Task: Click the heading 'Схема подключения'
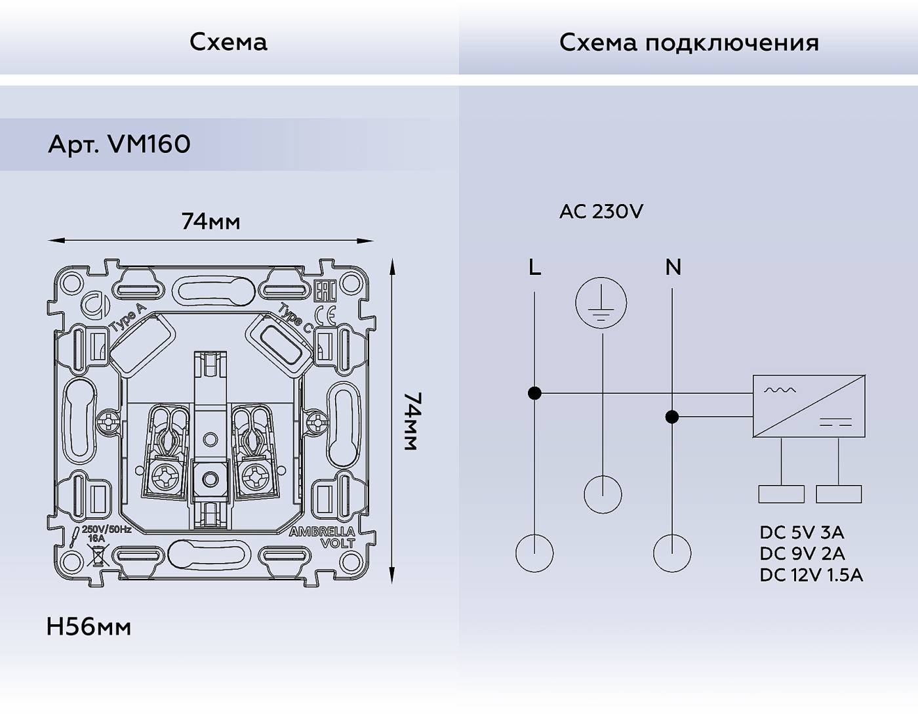pos(688,43)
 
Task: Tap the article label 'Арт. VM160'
pos(119,144)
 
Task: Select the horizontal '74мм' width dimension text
pos(210,222)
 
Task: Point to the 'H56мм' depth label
pos(89,627)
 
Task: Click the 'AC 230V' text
pos(601,211)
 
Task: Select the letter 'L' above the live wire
pos(534,267)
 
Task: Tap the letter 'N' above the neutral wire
pos(673,267)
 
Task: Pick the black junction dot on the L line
pos(534,393)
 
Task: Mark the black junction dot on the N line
pos(672,417)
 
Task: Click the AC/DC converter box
pos(808,406)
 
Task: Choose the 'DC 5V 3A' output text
pos(801,532)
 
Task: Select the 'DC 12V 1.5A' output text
pos(811,575)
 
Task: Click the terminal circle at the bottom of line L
pos(534,553)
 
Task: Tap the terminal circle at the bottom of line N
pos(672,553)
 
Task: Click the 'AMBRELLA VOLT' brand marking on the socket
pos(323,537)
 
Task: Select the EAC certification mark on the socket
pos(325,292)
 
